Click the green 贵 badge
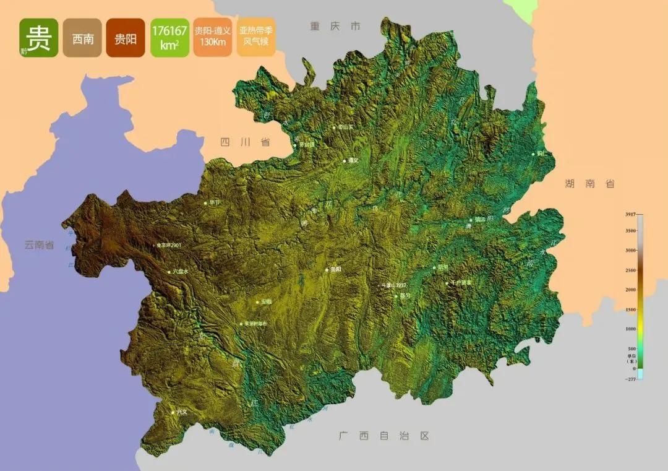(38, 38)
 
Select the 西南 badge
(83, 38)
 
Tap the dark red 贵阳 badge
(126, 38)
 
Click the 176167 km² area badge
(169, 38)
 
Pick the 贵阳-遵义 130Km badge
(212, 38)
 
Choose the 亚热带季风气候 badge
(255, 38)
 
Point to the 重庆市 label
(335, 26)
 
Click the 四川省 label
(245, 142)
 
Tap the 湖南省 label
(589, 183)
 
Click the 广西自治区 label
(383, 436)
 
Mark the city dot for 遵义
(345, 161)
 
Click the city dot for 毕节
(206, 202)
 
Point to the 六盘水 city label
(180, 272)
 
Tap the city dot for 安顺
(257, 302)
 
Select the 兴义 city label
(181, 411)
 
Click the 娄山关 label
(345, 127)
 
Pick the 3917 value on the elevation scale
(630, 214)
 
